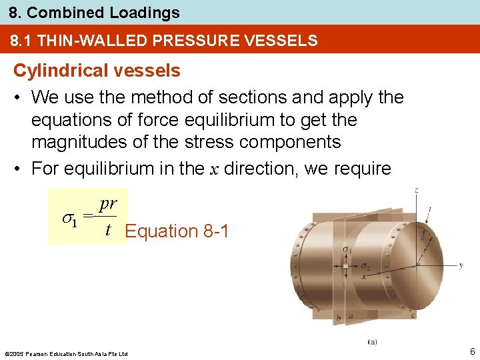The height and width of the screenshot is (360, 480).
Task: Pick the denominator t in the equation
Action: [x=107, y=230]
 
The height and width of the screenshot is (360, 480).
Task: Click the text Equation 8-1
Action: [x=177, y=231]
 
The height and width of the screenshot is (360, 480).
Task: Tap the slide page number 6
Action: [x=471, y=351]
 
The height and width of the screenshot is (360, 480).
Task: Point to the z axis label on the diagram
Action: [x=416, y=191]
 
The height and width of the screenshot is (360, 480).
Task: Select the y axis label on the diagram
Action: [x=461, y=265]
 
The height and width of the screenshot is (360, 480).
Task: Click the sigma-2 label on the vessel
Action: [x=366, y=267]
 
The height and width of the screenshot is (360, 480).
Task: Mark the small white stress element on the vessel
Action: [x=345, y=265]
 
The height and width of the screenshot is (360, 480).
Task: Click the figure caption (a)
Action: [x=372, y=342]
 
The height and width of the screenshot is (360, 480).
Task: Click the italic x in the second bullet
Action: [x=215, y=169]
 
